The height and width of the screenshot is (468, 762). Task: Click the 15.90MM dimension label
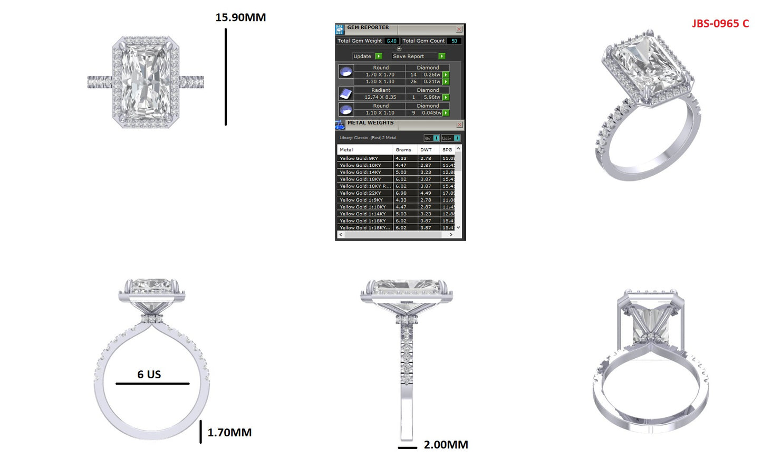[x=240, y=17]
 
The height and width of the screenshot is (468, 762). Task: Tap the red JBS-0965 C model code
[x=720, y=24]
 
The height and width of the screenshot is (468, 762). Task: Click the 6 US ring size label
[x=149, y=375]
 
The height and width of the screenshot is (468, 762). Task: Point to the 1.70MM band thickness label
[x=229, y=433]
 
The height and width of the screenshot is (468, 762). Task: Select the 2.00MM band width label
[x=446, y=445]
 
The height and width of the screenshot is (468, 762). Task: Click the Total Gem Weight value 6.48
[x=391, y=41]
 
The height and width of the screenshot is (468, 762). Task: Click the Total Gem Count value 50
[x=454, y=41]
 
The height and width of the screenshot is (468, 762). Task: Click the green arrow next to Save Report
[x=442, y=56]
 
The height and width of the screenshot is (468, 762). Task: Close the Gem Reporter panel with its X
[x=459, y=29]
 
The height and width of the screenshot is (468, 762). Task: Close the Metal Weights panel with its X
[x=459, y=125]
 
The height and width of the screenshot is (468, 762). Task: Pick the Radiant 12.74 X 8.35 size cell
[x=380, y=98]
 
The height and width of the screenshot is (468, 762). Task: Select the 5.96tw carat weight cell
[x=431, y=98]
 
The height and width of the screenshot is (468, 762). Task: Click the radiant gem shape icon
[x=346, y=94]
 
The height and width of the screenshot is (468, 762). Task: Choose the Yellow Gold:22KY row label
[x=361, y=193]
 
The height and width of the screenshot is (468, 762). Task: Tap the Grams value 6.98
[x=401, y=193]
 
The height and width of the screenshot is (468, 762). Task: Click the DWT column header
[x=426, y=150]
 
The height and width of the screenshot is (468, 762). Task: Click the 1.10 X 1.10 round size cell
[x=380, y=113]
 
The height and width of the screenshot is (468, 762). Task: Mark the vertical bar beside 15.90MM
[x=226, y=77]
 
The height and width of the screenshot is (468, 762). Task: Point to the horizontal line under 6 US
[x=152, y=384]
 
